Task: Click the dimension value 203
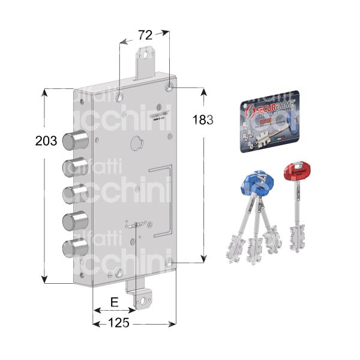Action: point(46,142)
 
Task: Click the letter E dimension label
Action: point(114,303)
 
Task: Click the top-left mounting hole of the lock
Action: point(120,96)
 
